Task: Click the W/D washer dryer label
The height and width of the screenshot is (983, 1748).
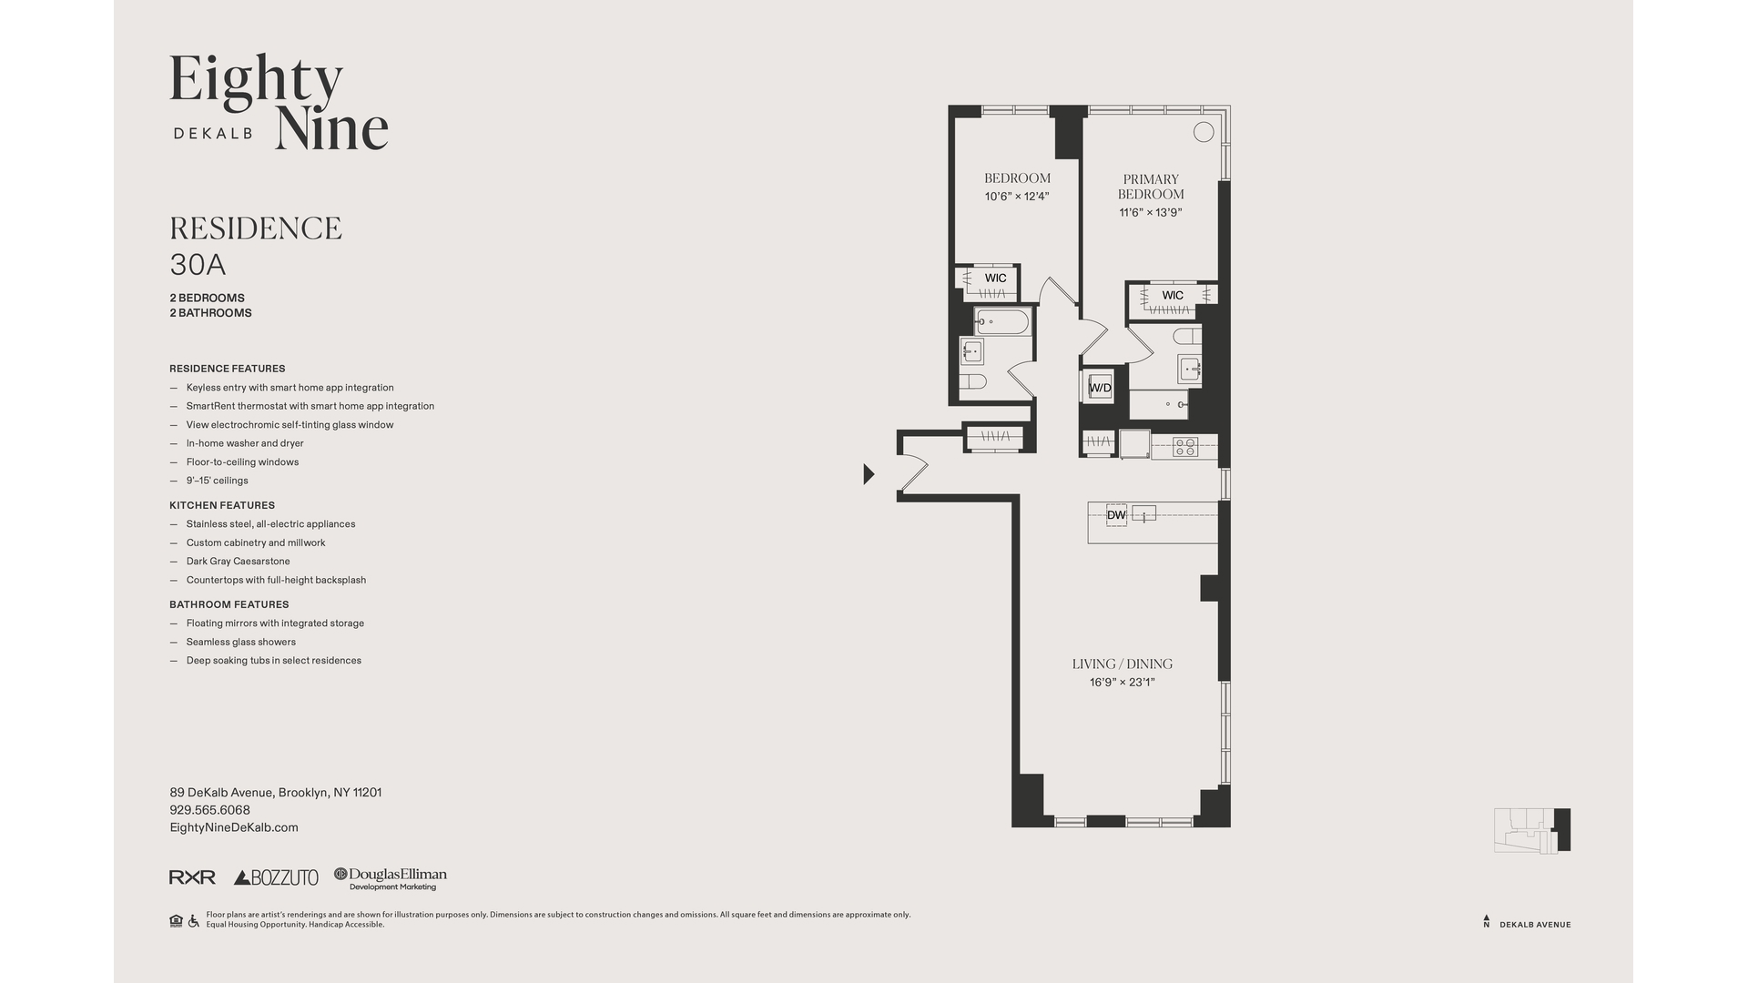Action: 1100,388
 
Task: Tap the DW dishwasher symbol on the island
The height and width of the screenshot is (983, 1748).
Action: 1116,515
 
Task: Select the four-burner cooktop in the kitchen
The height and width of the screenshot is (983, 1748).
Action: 1184,446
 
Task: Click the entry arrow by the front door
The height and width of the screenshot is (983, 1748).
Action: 869,473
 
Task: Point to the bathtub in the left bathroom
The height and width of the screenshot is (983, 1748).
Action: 1001,322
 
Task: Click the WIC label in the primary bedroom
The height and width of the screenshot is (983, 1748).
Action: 1173,295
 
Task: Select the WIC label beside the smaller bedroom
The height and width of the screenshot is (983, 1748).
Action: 995,279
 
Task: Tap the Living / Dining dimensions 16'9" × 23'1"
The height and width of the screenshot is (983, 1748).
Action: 1122,683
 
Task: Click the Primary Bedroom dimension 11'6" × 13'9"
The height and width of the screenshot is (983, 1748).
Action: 1151,213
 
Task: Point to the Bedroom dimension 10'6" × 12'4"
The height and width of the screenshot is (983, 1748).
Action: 1017,197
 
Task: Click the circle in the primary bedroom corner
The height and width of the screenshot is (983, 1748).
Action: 1204,132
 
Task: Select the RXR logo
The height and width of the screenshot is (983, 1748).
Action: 192,877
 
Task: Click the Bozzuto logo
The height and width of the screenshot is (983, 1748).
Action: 276,877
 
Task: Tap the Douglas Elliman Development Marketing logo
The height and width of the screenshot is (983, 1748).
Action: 391,878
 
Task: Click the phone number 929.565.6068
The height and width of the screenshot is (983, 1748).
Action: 209,810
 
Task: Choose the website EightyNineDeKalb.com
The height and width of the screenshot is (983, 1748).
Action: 234,827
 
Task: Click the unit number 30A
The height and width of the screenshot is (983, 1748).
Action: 198,265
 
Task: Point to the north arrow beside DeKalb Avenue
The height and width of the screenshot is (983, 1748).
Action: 1487,921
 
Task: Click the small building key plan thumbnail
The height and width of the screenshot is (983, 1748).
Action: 1532,830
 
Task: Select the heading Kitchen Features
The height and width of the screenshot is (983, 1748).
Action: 221,505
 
